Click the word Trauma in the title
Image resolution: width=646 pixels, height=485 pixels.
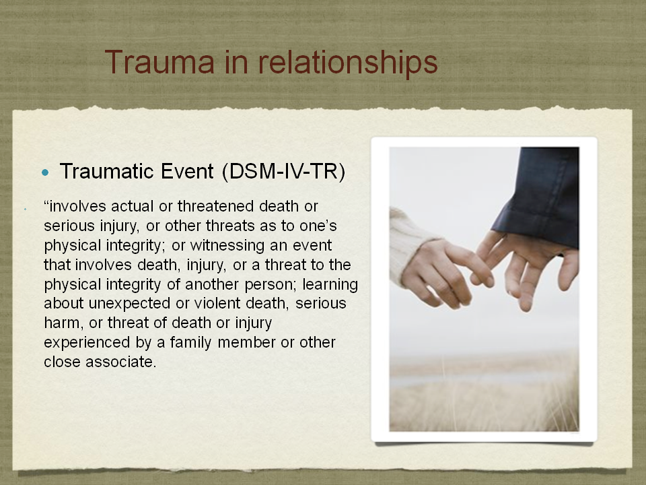[x=159, y=62]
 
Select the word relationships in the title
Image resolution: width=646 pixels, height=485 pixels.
[x=348, y=63]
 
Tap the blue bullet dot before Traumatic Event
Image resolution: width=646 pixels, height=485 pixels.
[x=45, y=172]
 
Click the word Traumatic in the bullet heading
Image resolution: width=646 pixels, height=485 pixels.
[x=106, y=171]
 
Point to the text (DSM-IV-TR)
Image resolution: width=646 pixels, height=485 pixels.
[x=283, y=171]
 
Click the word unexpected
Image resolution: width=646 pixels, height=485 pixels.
[x=130, y=304]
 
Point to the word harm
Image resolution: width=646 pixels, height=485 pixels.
[x=61, y=323]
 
